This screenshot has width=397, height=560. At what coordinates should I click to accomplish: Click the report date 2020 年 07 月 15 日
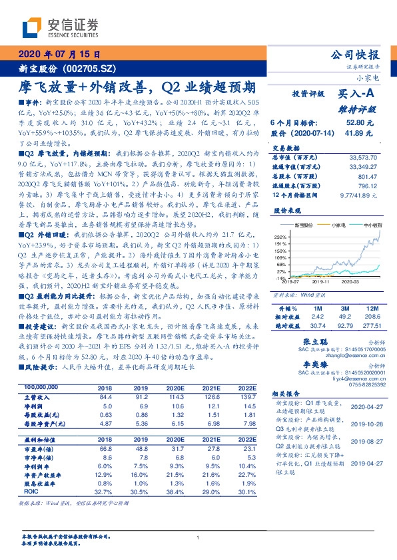point(61,55)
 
